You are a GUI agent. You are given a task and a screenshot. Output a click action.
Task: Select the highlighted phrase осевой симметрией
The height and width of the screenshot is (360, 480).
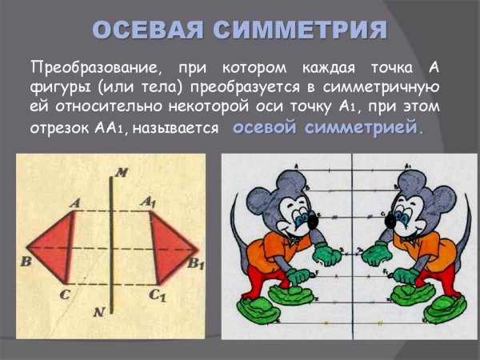(329, 127)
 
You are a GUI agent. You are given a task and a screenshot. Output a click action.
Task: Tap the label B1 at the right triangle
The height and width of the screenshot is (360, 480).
(196, 262)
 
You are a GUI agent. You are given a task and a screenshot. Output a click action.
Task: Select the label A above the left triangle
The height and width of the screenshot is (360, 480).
(74, 203)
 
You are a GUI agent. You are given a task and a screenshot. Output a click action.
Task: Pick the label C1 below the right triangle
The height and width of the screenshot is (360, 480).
(157, 295)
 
